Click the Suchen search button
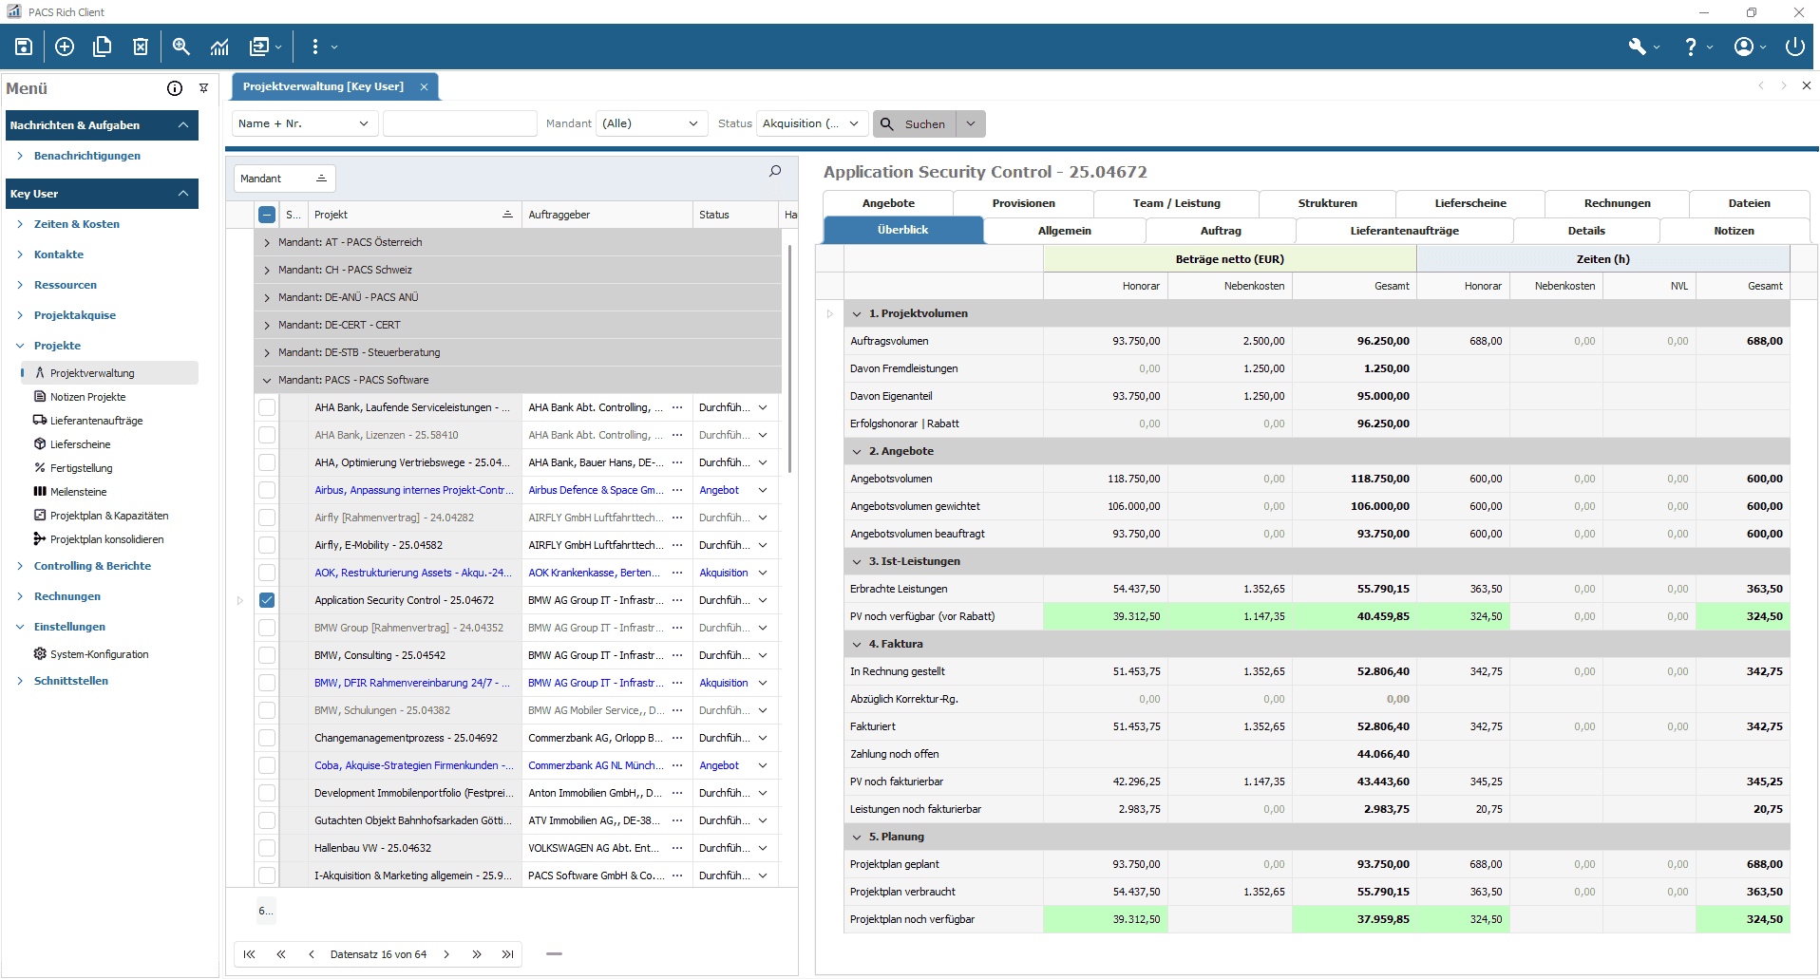click(x=914, y=124)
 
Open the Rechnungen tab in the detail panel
click(x=1617, y=203)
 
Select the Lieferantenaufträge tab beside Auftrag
click(x=1404, y=231)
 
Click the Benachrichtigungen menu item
click(x=86, y=156)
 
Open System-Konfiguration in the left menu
click(x=99, y=654)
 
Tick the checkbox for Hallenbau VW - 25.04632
click(x=267, y=848)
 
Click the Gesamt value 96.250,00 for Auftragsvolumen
click(x=1382, y=341)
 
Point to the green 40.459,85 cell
click(x=1382, y=616)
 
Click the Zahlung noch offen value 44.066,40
click(x=1382, y=754)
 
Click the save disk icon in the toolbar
click(x=24, y=47)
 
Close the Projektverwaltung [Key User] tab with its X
click(x=424, y=86)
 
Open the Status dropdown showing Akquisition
click(x=812, y=123)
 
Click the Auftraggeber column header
click(x=559, y=215)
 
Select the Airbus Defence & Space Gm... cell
click(x=596, y=490)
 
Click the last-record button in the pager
click(x=508, y=954)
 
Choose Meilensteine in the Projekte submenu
click(x=78, y=492)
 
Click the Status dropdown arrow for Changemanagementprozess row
click(x=763, y=738)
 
